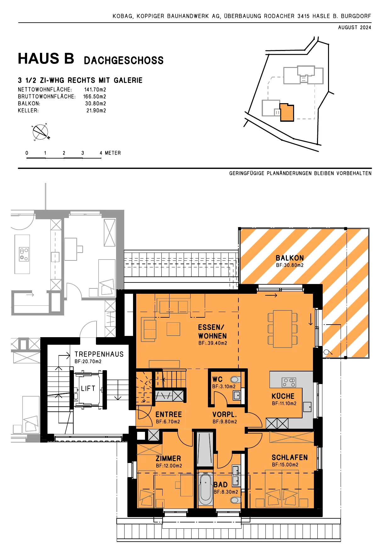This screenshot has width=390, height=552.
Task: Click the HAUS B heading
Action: (46, 59)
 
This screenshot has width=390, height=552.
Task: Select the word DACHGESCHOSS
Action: (124, 60)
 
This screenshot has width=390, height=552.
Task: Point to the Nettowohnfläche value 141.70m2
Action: (95, 90)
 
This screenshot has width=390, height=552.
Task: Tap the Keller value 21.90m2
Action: (96, 110)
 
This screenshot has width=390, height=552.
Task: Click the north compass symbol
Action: (41, 132)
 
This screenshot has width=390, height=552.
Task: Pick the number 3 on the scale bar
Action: (83, 153)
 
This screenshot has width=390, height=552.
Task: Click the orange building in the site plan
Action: (287, 112)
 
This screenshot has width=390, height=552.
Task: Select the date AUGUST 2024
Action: (354, 27)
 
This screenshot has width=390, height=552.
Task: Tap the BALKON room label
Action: (290, 258)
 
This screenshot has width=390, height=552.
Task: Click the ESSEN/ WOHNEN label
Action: (212, 332)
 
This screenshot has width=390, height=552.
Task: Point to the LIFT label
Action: (88, 388)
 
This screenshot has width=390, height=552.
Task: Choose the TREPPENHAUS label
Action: (99, 354)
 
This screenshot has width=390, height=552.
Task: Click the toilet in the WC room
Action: (236, 379)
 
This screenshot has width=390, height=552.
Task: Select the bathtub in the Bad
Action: (205, 489)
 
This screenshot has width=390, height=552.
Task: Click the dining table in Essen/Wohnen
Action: (282, 329)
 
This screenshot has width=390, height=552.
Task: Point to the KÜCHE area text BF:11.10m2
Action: (284, 404)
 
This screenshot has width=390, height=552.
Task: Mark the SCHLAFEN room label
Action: (290, 457)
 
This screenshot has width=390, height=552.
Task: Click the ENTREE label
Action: (169, 415)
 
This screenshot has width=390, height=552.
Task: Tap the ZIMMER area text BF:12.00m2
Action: (169, 466)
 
